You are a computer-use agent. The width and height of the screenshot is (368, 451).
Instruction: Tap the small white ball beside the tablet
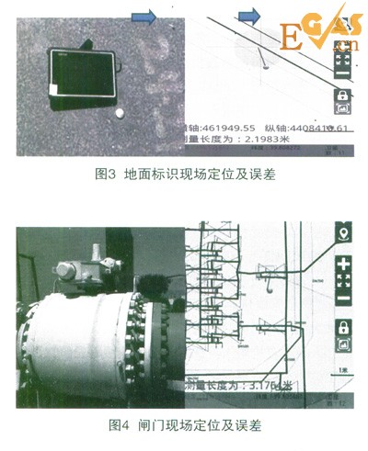point(120,113)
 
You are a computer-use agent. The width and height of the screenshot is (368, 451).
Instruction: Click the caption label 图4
point(122,424)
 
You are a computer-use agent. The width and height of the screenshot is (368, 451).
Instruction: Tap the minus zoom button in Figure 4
point(344,298)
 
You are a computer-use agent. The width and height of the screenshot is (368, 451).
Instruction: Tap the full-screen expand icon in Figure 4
point(344,280)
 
